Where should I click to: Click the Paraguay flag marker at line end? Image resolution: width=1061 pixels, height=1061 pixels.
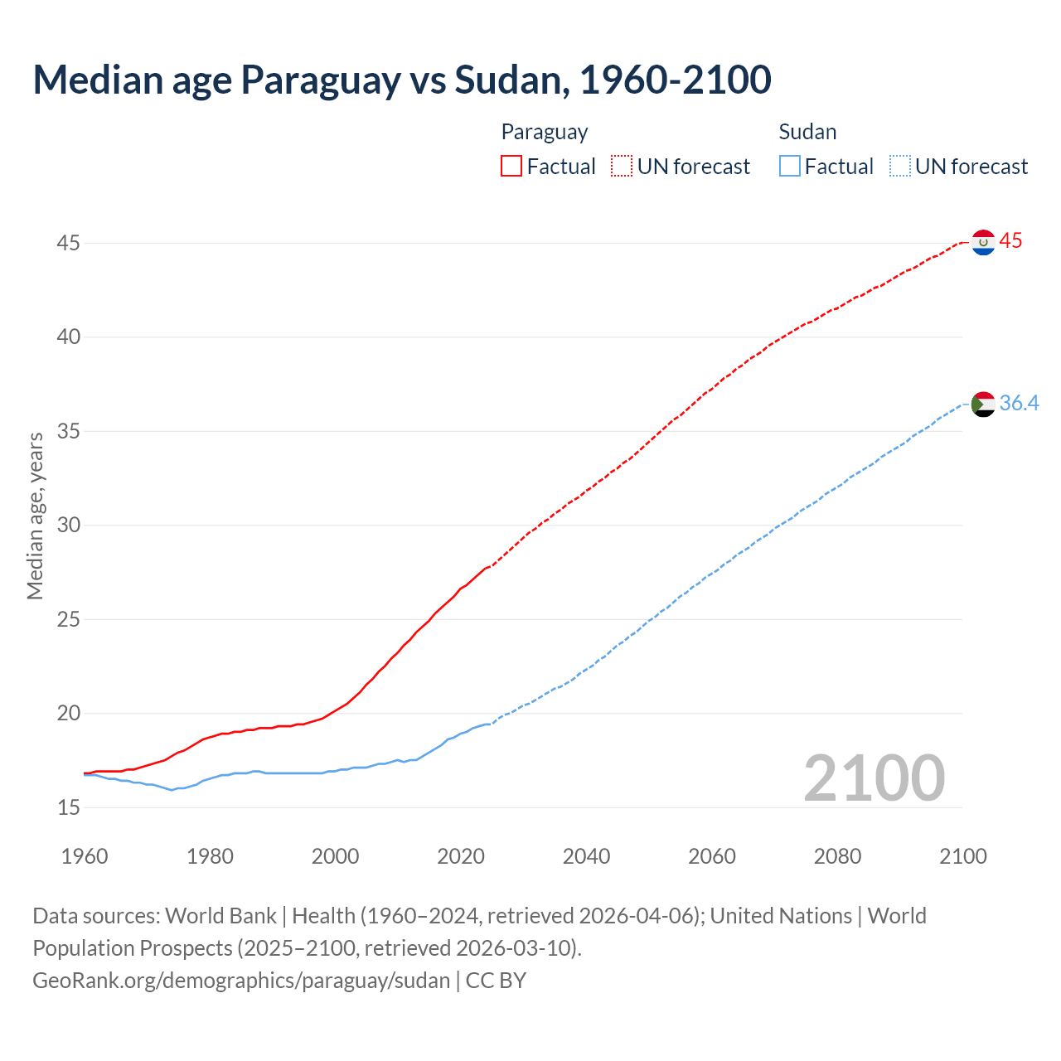click(x=983, y=242)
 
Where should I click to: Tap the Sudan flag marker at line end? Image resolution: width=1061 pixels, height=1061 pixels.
click(x=983, y=404)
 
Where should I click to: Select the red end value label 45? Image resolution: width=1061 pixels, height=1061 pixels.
click(x=1010, y=241)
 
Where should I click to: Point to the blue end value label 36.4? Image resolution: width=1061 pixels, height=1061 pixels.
click(x=1019, y=404)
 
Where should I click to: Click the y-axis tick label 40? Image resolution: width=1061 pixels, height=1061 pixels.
click(x=68, y=337)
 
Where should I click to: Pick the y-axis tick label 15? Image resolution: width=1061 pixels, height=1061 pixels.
click(x=68, y=807)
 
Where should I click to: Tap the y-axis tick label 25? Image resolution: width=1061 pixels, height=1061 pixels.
click(x=68, y=619)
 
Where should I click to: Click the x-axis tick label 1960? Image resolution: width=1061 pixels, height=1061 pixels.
click(x=85, y=856)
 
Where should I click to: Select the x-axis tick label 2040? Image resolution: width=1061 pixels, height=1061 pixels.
click(x=586, y=856)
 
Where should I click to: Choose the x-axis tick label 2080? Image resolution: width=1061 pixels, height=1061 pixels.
click(x=837, y=856)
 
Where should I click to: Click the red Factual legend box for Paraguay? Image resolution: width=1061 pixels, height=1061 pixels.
click(x=511, y=167)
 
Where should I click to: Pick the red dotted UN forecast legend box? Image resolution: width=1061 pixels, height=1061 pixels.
click(x=622, y=167)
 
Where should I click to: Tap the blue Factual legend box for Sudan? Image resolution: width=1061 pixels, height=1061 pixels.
click(x=790, y=167)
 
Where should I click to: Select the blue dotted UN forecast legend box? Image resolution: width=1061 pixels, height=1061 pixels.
click(x=899, y=167)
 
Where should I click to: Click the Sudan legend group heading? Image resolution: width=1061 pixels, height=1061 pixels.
click(x=807, y=132)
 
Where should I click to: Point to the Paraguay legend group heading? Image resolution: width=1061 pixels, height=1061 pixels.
click(x=545, y=132)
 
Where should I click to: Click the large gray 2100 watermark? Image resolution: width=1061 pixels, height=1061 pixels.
click(x=874, y=778)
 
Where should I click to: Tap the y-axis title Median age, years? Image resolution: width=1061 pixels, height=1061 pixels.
click(x=35, y=516)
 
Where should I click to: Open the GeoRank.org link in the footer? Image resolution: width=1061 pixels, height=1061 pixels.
click(x=241, y=980)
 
